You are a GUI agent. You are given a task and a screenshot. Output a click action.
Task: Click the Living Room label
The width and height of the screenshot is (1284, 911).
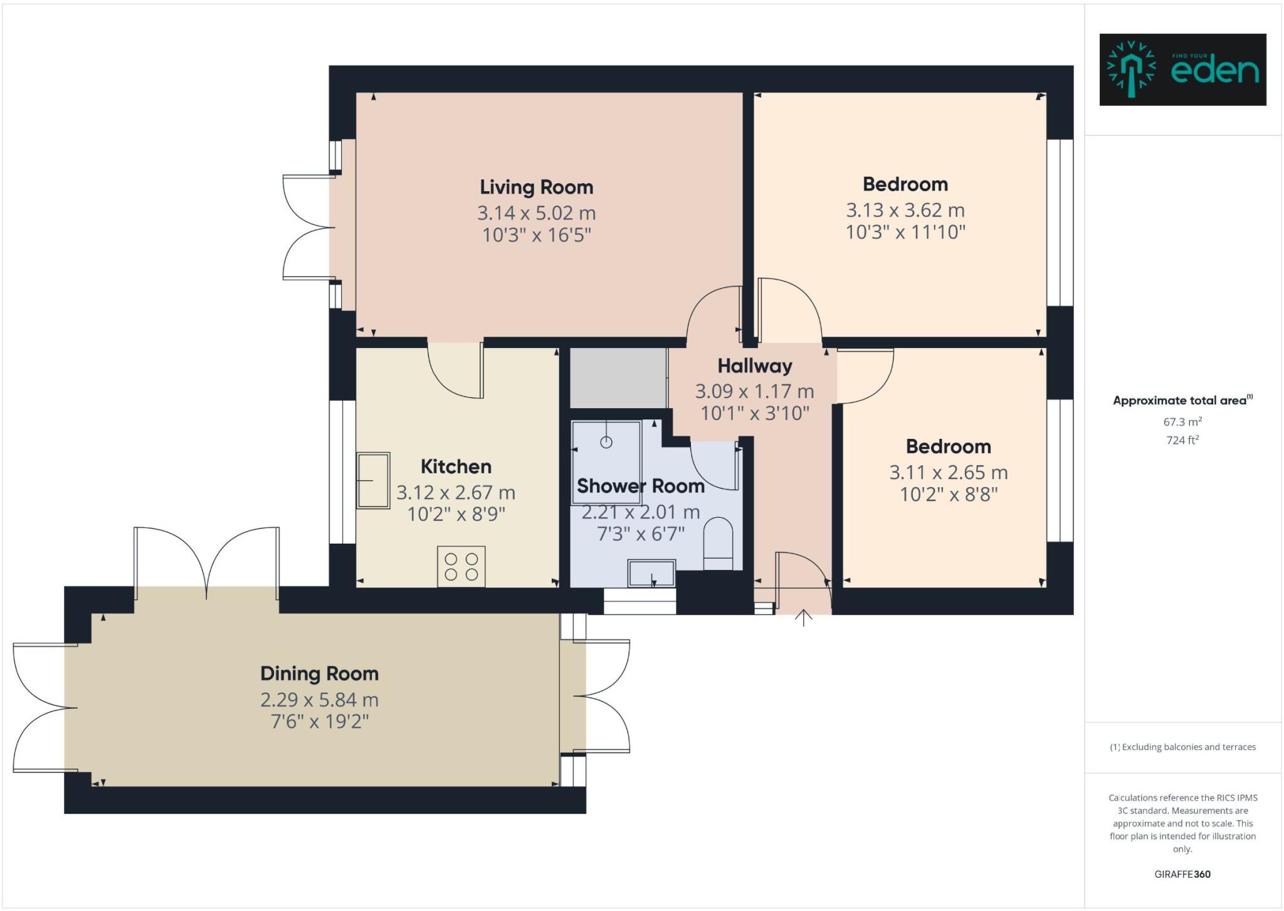[x=536, y=187]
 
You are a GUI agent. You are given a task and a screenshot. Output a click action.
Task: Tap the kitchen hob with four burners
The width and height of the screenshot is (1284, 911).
[x=461, y=567]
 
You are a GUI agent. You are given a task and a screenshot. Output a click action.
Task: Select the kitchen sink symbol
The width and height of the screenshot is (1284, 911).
[x=373, y=480]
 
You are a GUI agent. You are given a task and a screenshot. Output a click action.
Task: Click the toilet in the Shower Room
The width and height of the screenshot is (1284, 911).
[x=718, y=542]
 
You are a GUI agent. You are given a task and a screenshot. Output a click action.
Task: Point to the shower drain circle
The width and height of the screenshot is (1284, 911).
[x=606, y=442]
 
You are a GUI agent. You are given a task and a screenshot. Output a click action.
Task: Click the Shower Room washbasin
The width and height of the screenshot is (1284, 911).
[x=652, y=572]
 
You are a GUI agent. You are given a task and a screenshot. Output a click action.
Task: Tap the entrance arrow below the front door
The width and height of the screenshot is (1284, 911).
[x=803, y=618]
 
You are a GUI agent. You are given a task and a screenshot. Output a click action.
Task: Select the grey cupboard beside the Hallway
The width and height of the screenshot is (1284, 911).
[x=618, y=378]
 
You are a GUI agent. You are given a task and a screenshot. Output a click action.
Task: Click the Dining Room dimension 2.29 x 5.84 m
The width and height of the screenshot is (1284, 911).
[x=319, y=699]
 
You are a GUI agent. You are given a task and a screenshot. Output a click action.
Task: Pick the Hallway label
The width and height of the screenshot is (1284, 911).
[x=754, y=366]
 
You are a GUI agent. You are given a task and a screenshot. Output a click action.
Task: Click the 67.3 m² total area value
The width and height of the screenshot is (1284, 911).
[x=1182, y=422]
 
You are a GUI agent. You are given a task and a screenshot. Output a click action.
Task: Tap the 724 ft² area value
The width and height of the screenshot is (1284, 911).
[x=1182, y=440]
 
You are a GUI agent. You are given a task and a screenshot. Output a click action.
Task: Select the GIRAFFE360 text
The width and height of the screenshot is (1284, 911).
[x=1182, y=874]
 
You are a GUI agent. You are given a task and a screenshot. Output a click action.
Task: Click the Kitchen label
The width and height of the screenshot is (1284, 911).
[x=456, y=466]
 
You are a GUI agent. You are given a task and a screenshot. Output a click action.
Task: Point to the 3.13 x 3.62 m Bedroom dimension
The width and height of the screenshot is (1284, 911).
[x=905, y=210]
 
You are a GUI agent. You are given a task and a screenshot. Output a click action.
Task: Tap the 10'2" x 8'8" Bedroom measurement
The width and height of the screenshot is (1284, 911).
[x=948, y=495]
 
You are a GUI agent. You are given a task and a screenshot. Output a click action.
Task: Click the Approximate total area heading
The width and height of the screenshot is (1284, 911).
[x=1181, y=401]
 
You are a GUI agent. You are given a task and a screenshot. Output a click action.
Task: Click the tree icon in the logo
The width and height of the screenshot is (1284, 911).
[x=1131, y=70]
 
